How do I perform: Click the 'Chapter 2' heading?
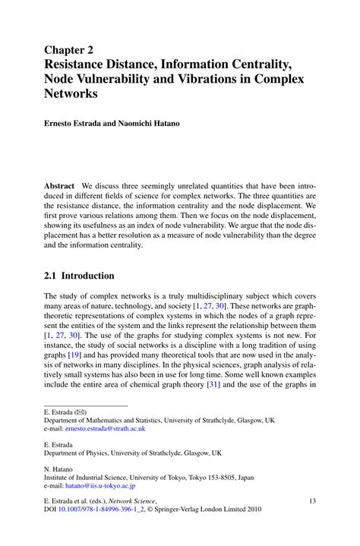tap(73, 49)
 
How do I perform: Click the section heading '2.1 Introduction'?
tap(79, 276)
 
